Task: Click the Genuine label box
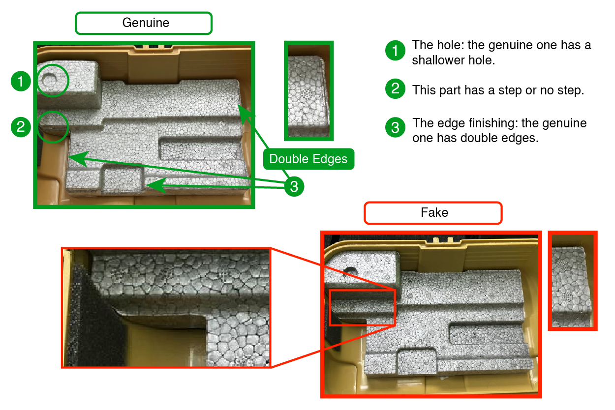pyautogui.click(x=143, y=23)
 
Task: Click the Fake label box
pyautogui.click(x=432, y=213)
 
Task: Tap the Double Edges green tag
pyautogui.click(x=308, y=159)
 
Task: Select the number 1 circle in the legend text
pyautogui.click(x=395, y=51)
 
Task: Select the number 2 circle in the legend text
pyautogui.click(x=395, y=89)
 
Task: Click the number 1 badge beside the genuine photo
pyautogui.click(x=21, y=81)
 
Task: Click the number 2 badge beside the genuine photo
pyautogui.click(x=21, y=127)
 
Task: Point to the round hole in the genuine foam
pyautogui.click(x=49, y=79)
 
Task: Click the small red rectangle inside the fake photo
pyautogui.click(x=362, y=307)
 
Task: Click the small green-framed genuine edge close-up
pyautogui.click(x=308, y=90)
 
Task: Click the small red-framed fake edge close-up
pyautogui.click(x=572, y=280)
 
